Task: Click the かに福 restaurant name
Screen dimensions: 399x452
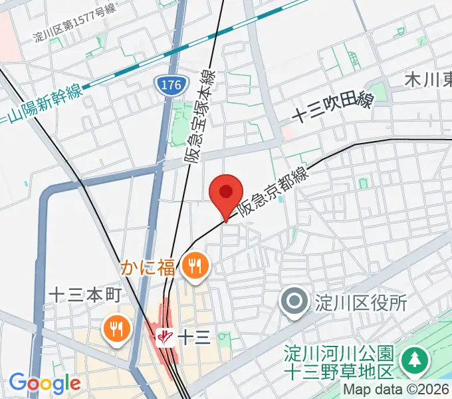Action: pyautogui.click(x=148, y=268)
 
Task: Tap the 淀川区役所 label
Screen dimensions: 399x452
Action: pyautogui.click(x=362, y=303)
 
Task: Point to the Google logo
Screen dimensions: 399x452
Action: pyautogui.click(x=45, y=383)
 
